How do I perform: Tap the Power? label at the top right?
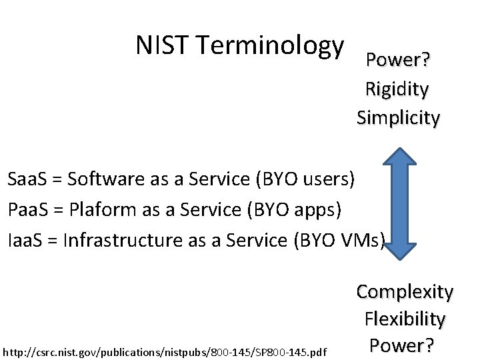pyautogui.click(x=398, y=61)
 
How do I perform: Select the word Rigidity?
pyautogui.click(x=397, y=89)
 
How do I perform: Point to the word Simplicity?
pyautogui.click(x=398, y=118)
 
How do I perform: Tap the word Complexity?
pyautogui.click(x=405, y=291)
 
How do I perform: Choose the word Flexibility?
pyautogui.click(x=405, y=319)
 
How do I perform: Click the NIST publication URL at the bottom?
pyautogui.click(x=165, y=351)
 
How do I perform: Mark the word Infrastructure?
pyautogui.click(x=123, y=239)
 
